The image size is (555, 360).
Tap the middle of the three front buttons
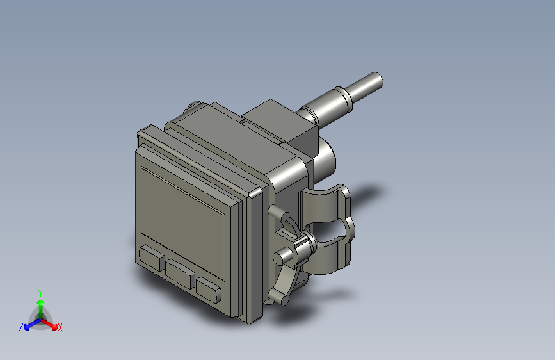[x=181, y=272]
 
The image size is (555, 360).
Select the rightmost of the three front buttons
[x=209, y=290]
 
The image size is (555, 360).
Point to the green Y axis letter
[x=40, y=291]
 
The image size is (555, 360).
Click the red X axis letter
[x=60, y=328]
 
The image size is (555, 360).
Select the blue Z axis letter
[x=21, y=327]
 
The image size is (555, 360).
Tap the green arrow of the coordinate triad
[x=40, y=304]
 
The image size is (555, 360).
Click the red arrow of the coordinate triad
[x=51, y=323]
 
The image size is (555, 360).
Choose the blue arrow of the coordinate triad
[x=29, y=323]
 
